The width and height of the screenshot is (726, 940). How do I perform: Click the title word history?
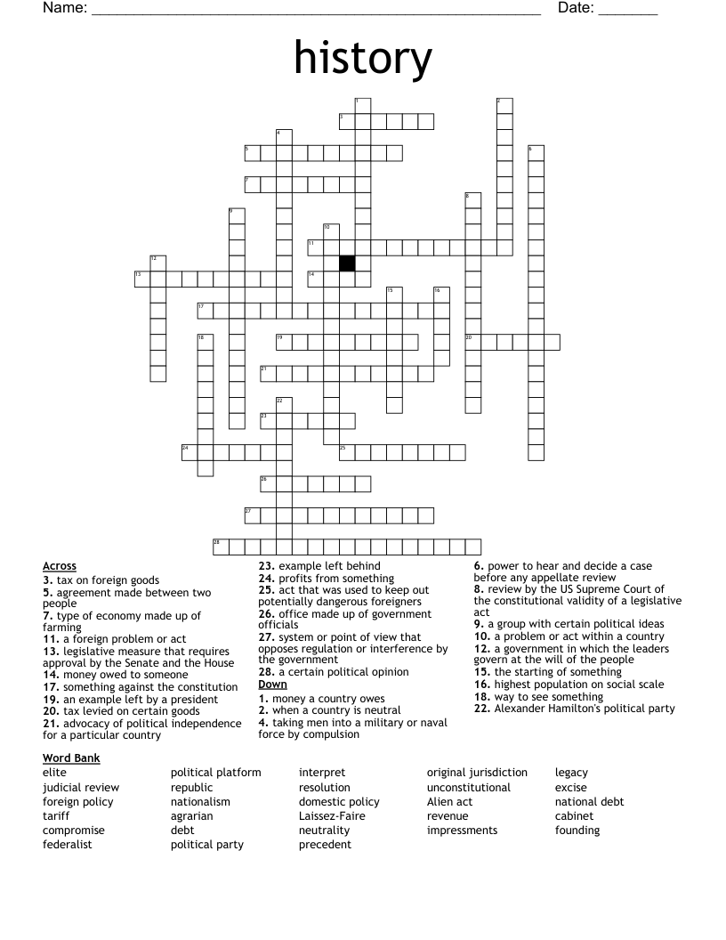click(x=363, y=58)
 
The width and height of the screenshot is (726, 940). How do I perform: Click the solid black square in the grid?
click(x=347, y=263)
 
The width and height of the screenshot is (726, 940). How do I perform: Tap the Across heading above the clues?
click(x=59, y=566)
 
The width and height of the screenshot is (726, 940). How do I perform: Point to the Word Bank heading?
click(x=71, y=758)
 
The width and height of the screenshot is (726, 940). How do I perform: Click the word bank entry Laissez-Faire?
click(x=332, y=815)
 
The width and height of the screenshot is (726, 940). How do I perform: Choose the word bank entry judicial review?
click(x=81, y=787)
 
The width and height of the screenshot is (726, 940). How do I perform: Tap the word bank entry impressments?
click(x=462, y=830)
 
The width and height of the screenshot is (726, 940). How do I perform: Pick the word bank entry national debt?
click(x=590, y=801)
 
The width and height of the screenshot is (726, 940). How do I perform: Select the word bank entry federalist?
click(x=68, y=844)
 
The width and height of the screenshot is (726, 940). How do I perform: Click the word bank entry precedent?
click(x=325, y=844)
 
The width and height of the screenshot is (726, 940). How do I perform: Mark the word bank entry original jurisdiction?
click(x=477, y=772)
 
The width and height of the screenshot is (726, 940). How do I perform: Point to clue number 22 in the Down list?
click(x=481, y=709)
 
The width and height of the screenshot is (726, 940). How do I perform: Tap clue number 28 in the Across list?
click(x=265, y=672)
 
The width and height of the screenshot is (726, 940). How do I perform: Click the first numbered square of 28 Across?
click(x=221, y=547)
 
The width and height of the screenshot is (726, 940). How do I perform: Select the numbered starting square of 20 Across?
click(x=472, y=343)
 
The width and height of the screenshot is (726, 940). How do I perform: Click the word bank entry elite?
click(x=54, y=772)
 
